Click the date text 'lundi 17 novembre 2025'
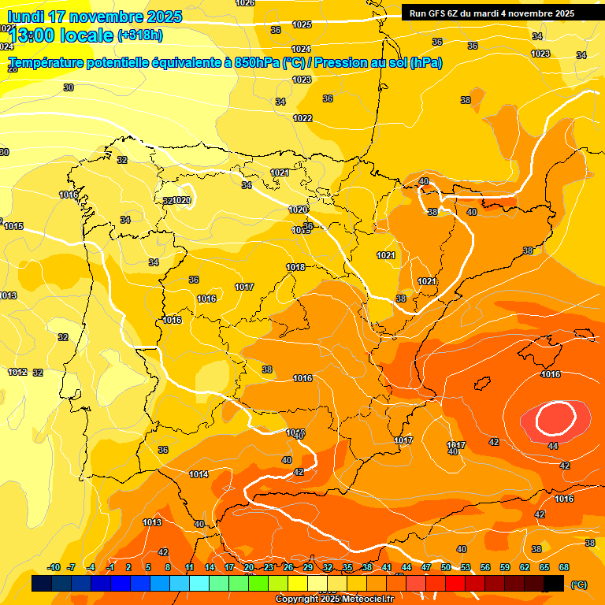[x=95, y=17]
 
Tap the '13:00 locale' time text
[x=61, y=35]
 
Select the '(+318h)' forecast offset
[x=140, y=35]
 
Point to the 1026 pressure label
[x=245, y=3]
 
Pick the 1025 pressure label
[x=302, y=24]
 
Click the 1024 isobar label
[x=302, y=49]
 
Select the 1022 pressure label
[x=302, y=118]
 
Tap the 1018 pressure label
[x=295, y=267]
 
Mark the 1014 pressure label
[x=199, y=474]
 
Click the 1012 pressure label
[x=17, y=372]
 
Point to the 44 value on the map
[x=553, y=446]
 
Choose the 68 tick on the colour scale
[x=564, y=567]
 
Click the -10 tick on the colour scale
[x=54, y=567]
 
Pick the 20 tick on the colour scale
[x=249, y=567]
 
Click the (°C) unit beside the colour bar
[x=579, y=585]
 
